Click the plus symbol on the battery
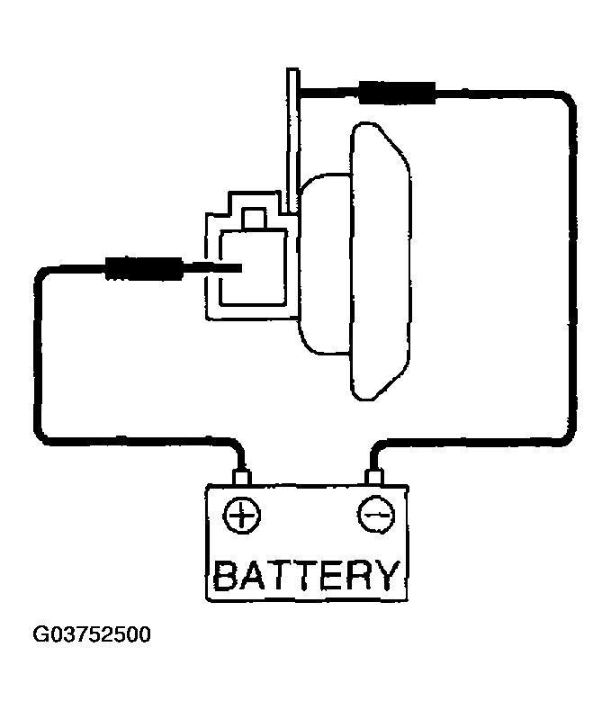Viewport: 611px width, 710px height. pyautogui.click(x=242, y=516)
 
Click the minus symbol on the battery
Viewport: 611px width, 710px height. pyautogui.click(x=376, y=515)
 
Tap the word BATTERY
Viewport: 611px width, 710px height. pyautogui.click(x=307, y=575)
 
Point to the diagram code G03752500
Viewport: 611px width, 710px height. pyautogui.click(x=92, y=634)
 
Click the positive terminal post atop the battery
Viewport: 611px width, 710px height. pyautogui.click(x=241, y=477)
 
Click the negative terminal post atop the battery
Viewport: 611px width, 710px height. pyautogui.click(x=374, y=477)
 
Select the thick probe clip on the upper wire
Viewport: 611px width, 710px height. pyautogui.click(x=397, y=93)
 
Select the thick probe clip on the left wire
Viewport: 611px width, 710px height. pyautogui.click(x=144, y=268)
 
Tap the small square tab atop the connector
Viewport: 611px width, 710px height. pyautogui.click(x=254, y=220)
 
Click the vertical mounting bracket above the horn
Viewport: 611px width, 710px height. pyautogui.click(x=292, y=140)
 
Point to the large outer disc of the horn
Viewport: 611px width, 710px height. pyautogui.click(x=381, y=261)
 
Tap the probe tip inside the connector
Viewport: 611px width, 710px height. pyautogui.click(x=213, y=268)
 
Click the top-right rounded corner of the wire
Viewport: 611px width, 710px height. pyautogui.click(x=565, y=102)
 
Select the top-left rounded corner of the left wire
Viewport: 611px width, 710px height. pyautogui.click(x=43, y=276)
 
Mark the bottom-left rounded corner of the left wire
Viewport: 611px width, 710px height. pyautogui.click(x=44, y=432)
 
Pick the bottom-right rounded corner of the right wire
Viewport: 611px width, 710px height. pyautogui.click(x=564, y=434)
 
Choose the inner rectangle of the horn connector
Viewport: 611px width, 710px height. pyautogui.click(x=253, y=267)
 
